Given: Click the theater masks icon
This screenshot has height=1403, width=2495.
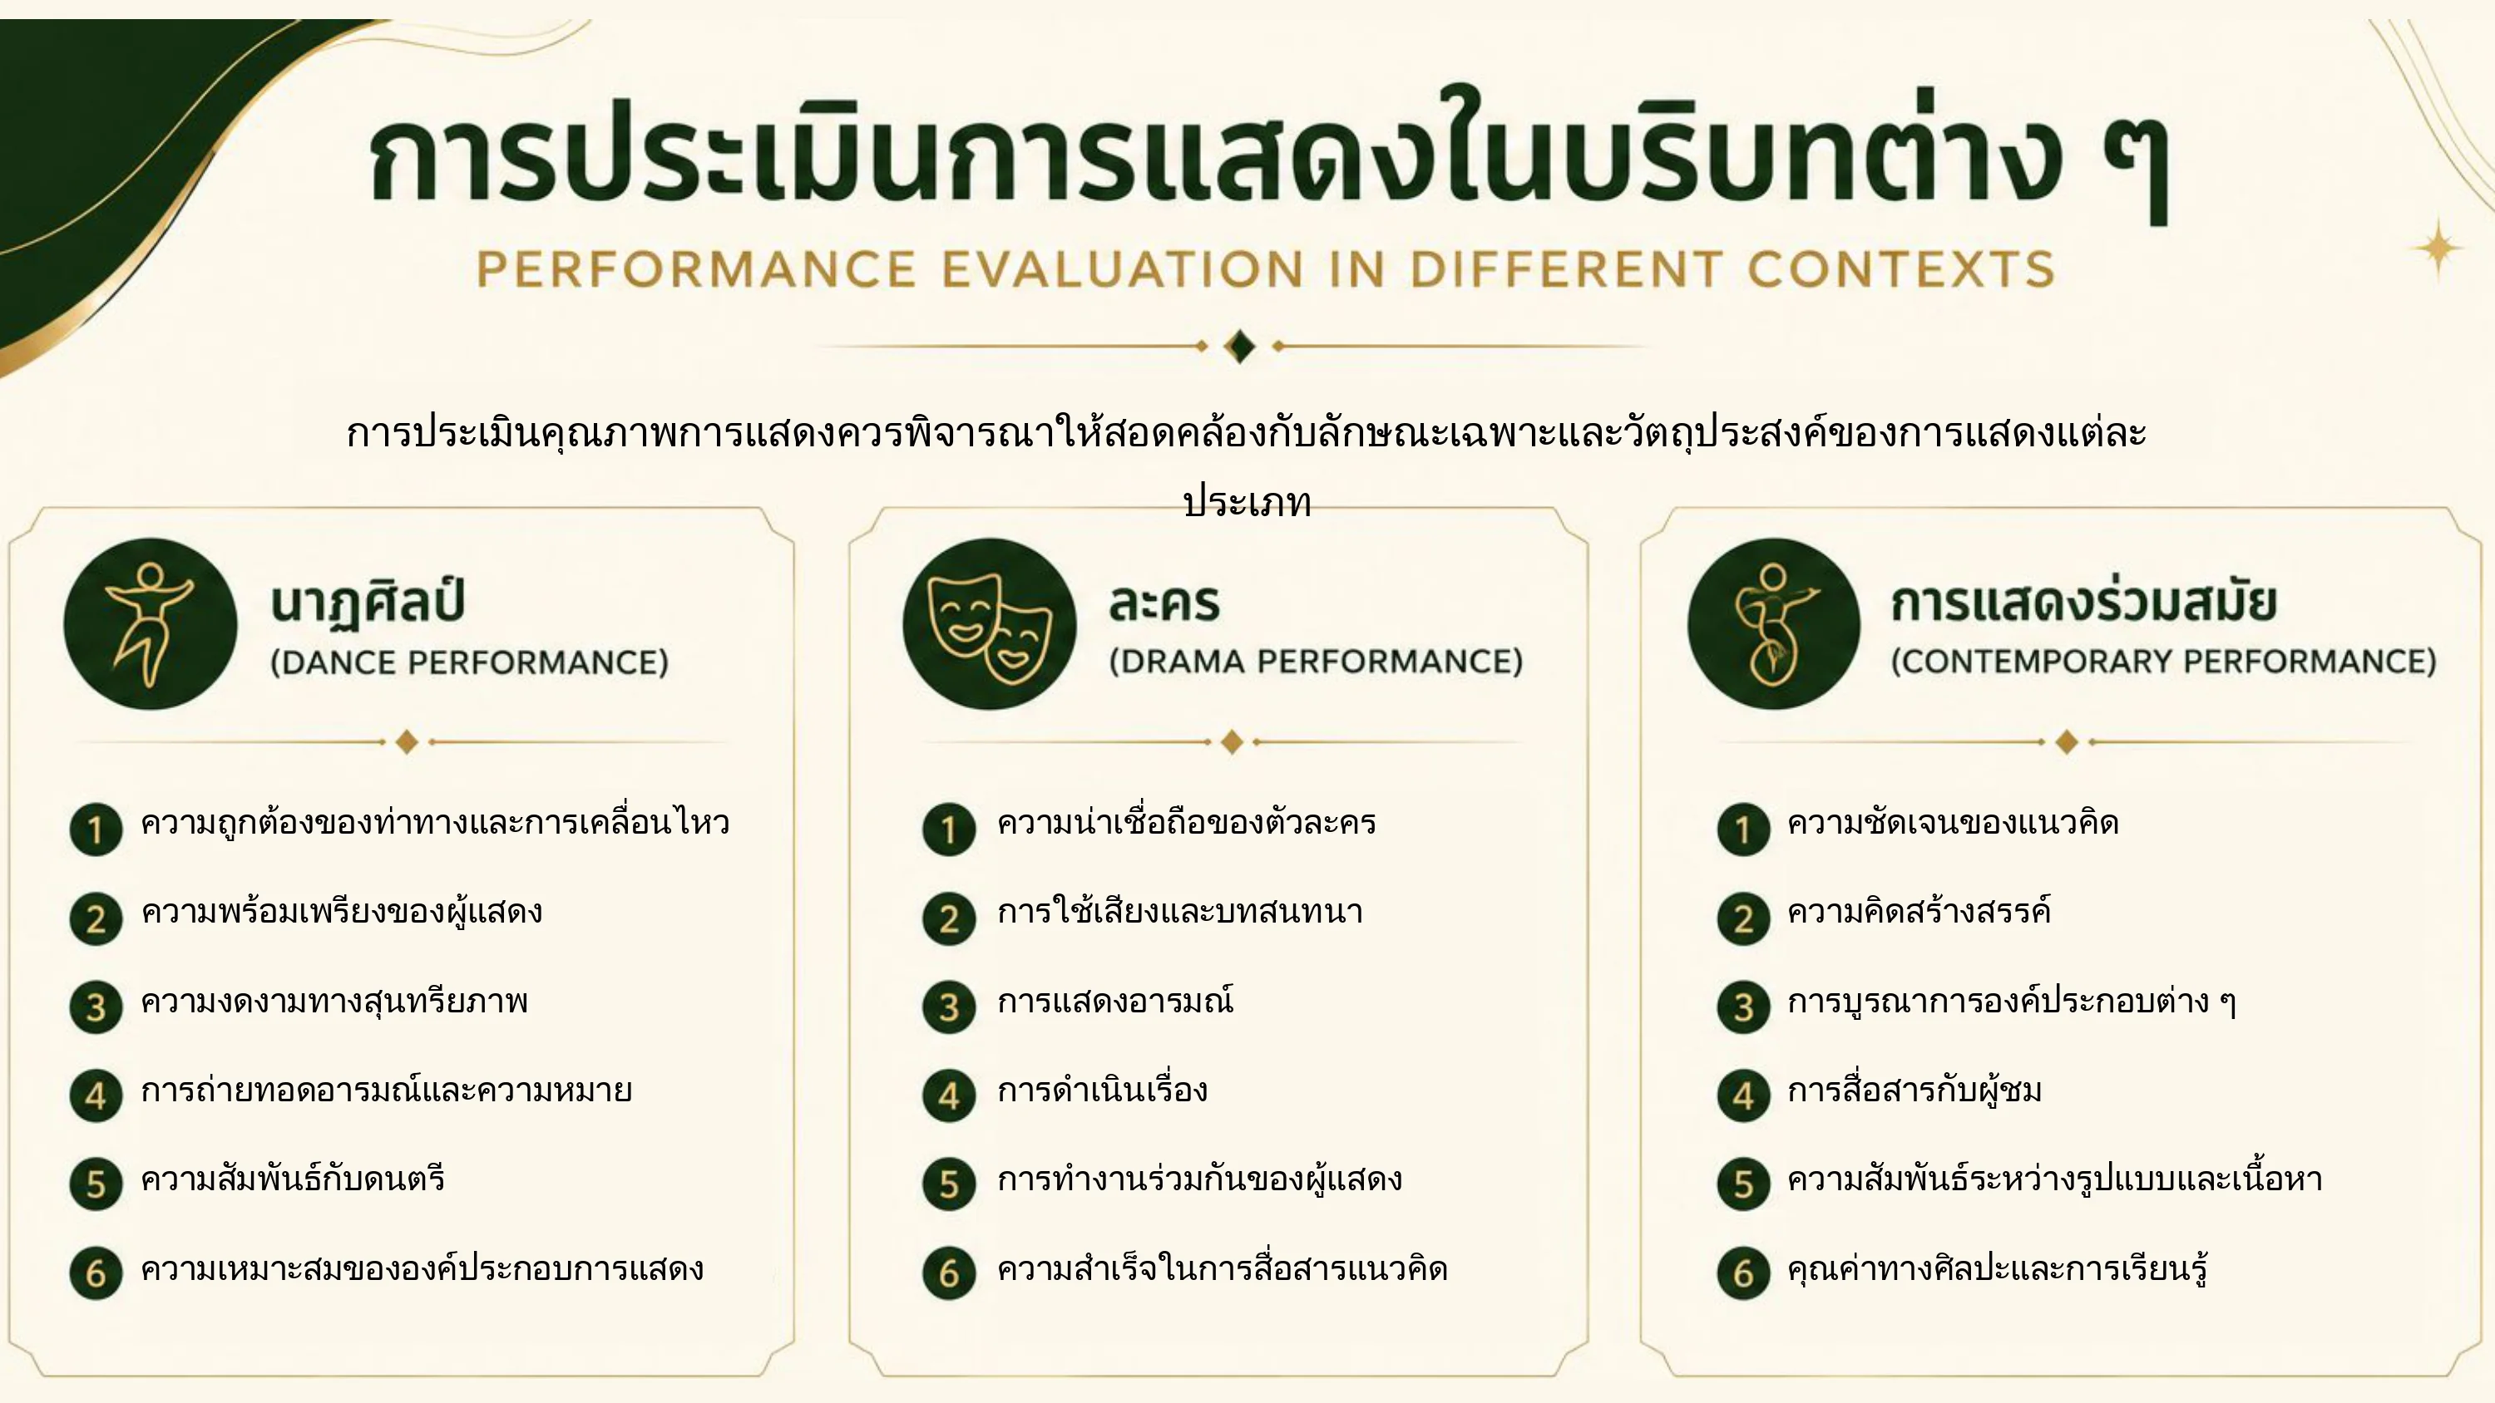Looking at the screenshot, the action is click(x=989, y=623).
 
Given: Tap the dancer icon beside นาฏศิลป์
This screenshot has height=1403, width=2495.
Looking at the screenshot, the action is click(x=151, y=623).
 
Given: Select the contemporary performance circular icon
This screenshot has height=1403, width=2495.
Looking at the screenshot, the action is click(x=1773, y=623).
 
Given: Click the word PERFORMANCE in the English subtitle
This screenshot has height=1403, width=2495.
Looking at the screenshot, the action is click(x=696, y=269).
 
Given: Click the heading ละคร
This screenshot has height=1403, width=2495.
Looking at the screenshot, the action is click(x=1164, y=603).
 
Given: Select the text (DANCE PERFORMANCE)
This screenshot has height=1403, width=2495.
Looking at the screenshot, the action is click(x=469, y=662).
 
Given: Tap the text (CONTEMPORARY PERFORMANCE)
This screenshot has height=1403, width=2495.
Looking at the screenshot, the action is click(x=2163, y=662).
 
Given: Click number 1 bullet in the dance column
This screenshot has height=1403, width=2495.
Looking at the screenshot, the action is click(x=96, y=829).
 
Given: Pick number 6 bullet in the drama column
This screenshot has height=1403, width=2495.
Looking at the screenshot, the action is click(x=949, y=1273).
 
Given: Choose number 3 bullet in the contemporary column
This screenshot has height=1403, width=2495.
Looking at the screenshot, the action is click(x=1743, y=1007).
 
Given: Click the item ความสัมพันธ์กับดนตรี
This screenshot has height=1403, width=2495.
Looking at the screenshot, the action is click(x=293, y=1179).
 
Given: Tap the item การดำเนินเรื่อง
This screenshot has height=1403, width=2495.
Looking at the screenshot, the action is click(x=1102, y=1090).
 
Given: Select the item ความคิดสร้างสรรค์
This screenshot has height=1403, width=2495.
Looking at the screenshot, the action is click(x=1919, y=910).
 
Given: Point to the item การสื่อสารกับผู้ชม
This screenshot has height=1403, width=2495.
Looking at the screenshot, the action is click(x=1914, y=1091).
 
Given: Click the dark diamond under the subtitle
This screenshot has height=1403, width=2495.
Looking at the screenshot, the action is click(x=1240, y=346).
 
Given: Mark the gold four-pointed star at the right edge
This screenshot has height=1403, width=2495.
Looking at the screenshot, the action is click(x=2438, y=249).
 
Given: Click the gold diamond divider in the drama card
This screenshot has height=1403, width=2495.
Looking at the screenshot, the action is click(x=1232, y=741).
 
